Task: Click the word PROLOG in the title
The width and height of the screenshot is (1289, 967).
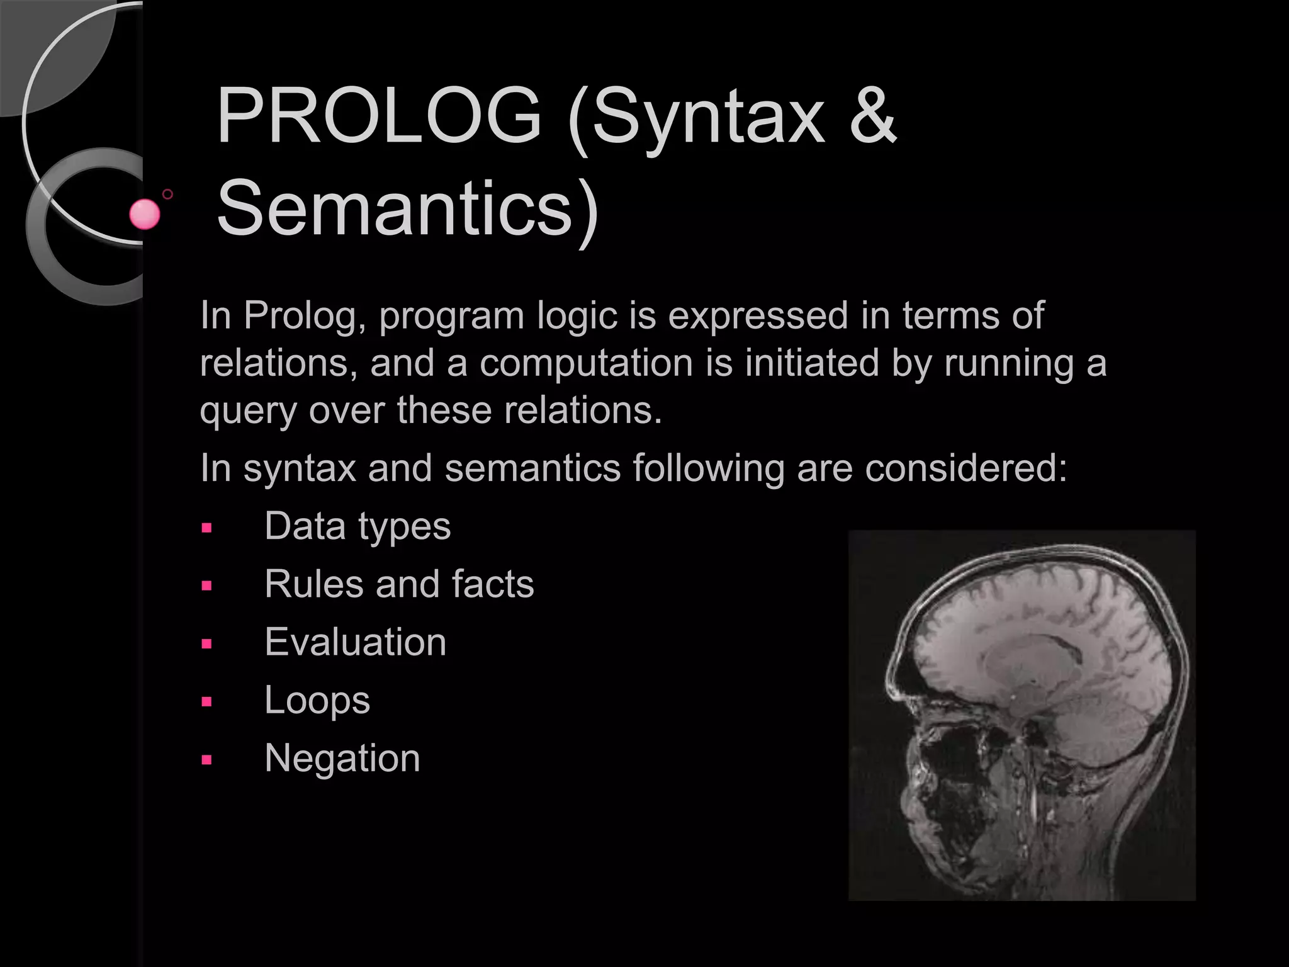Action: tap(378, 117)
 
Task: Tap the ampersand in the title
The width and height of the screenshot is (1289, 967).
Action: tap(872, 117)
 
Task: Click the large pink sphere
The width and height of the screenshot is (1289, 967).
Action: tap(145, 214)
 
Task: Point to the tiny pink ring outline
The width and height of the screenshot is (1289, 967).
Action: tap(167, 194)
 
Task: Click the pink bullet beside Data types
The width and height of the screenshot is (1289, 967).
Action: tap(206, 528)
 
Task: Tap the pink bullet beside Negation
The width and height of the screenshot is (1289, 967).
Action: tap(206, 760)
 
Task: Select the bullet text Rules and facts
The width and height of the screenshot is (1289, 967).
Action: tap(399, 584)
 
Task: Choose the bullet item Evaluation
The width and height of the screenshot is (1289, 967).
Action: tap(356, 642)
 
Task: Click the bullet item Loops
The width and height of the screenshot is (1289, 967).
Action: tap(317, 700)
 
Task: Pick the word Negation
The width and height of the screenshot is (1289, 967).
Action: tap(342, 758)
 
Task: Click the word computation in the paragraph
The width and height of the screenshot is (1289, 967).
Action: tap(586, 363)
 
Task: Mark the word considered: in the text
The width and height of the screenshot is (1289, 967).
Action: tap(966, 468)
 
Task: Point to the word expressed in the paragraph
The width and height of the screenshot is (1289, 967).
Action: tap(758, 315)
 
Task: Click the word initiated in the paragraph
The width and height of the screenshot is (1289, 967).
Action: tap(812, 363)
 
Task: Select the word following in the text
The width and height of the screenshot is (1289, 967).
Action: tap(709, 468)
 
